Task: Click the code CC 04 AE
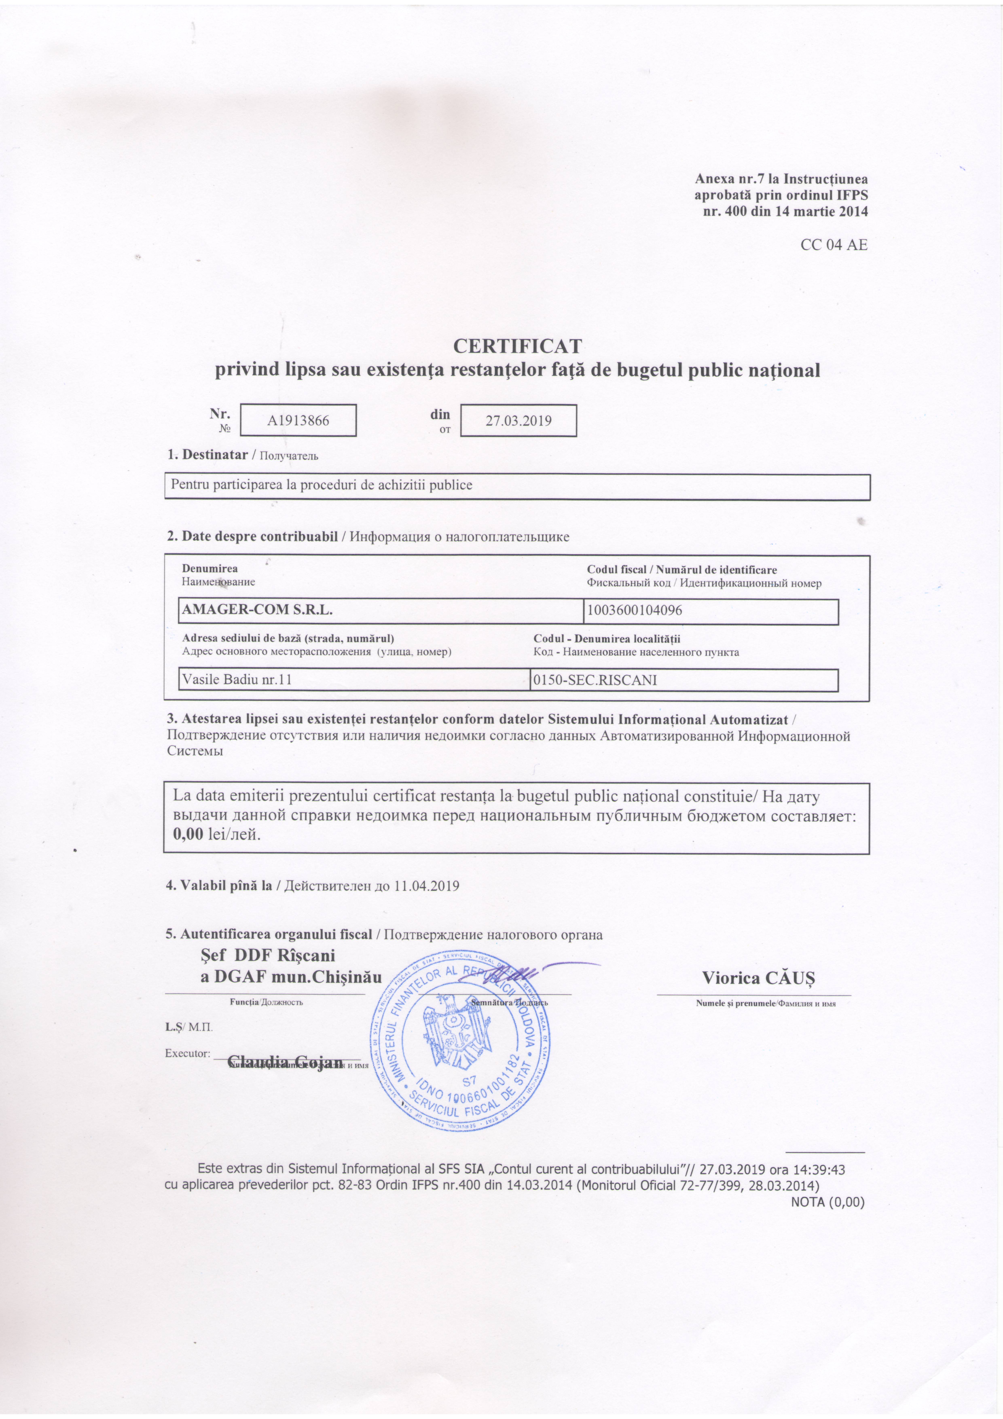coord(834,245)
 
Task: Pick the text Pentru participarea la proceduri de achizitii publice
coord(321,485)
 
